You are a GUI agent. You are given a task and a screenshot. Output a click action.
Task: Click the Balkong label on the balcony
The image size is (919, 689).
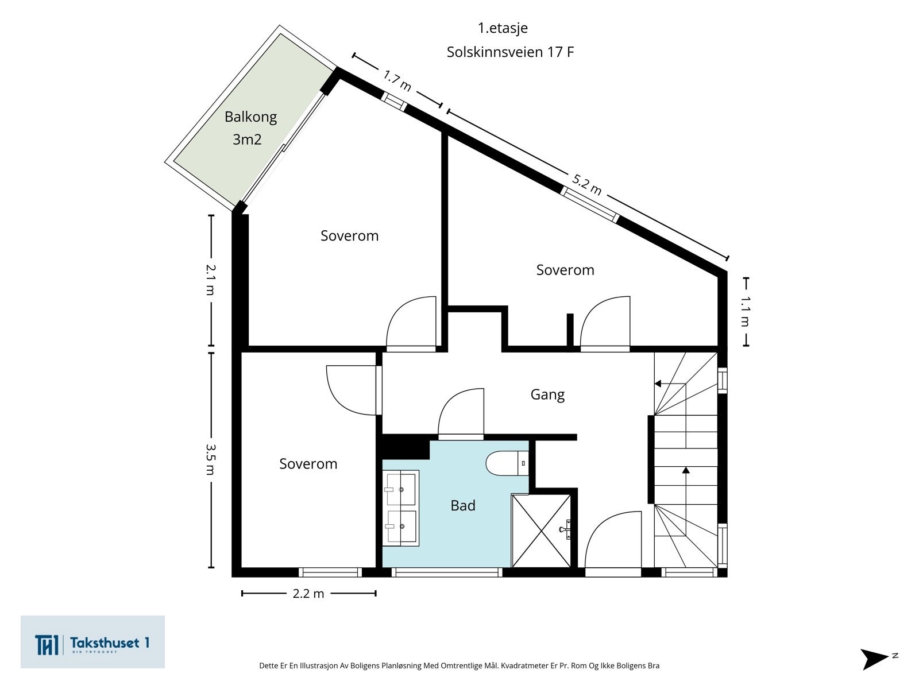point(250,117)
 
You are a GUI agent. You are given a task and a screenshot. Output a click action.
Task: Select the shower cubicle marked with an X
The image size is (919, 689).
point(541,531)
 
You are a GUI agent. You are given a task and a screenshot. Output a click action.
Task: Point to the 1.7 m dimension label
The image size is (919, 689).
point(397,80)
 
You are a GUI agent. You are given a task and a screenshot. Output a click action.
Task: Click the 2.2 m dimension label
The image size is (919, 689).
point(308,594)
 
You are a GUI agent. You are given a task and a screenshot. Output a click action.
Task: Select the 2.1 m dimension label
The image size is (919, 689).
point(210,280)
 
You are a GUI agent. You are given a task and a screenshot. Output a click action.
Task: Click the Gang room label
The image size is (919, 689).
point(547,394)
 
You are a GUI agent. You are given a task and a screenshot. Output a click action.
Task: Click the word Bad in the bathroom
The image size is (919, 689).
point(462,505)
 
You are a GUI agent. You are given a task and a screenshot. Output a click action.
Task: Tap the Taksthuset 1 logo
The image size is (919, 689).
point(92,642)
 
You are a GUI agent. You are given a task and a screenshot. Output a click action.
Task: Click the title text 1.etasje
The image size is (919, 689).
point(503,28)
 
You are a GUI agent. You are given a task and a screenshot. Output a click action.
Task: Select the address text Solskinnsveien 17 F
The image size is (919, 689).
point(510,52)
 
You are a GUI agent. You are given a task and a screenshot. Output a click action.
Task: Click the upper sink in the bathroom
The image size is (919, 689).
point(401,489)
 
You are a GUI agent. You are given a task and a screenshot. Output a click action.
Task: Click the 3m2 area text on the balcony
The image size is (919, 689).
point(247,139)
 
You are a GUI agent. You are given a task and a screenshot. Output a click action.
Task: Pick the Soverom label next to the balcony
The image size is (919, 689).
point(349,235)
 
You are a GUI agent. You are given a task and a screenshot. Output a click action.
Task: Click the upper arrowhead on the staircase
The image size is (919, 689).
point(658,384)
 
